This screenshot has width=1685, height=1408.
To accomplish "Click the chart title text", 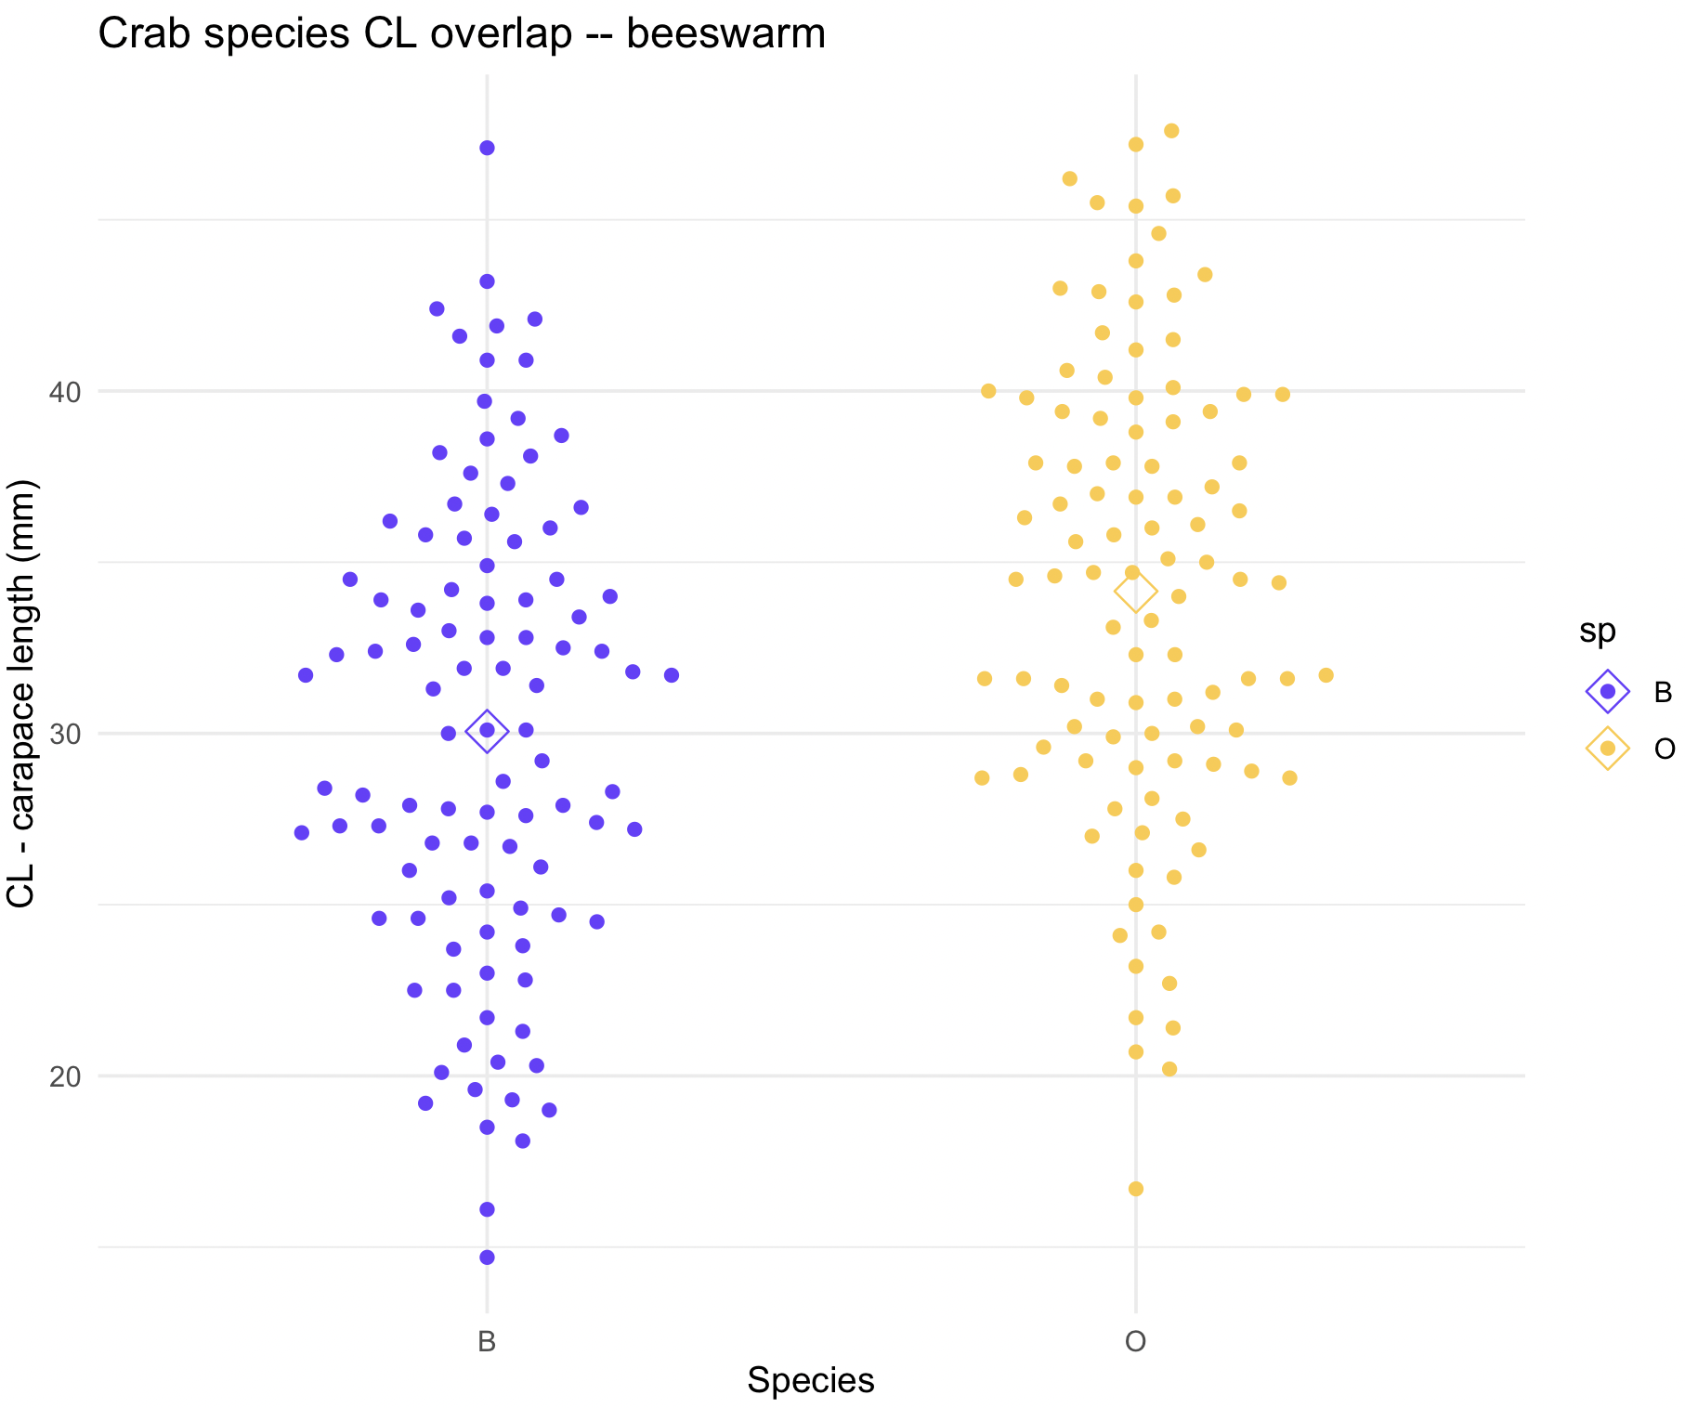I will pos(462,35).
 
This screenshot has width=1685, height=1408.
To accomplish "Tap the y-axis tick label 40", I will pos(64,392).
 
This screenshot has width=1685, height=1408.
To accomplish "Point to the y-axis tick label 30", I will pos(64,735).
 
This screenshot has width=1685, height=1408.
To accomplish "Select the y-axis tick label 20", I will pos(64,1077).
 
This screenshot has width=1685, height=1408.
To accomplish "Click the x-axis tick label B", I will pos(487,1342).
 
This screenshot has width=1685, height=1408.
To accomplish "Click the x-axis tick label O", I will pos(1135,1342).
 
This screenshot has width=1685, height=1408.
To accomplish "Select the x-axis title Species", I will pos(810,1381).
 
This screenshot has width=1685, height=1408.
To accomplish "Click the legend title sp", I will pos(1597,632).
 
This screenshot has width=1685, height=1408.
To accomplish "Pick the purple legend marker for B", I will pos(1607,691).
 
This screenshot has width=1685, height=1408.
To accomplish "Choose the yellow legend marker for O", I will pos(1607,749).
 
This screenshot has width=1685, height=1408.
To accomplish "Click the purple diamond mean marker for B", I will pos(487,731).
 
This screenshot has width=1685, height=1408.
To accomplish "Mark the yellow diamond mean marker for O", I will pos(1135,591).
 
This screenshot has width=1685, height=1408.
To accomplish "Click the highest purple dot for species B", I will pos(487,148).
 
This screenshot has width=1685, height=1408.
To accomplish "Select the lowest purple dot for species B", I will pos(487,1258).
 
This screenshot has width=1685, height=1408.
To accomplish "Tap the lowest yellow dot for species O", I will pos(1135,1189).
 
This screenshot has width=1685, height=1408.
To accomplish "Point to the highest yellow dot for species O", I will pos(1171,131).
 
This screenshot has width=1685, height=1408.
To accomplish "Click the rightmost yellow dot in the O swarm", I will pos(1326,675).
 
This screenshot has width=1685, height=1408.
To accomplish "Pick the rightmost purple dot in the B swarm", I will pos(672,675).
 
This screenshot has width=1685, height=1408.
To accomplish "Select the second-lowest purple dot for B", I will pos(487,1209).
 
